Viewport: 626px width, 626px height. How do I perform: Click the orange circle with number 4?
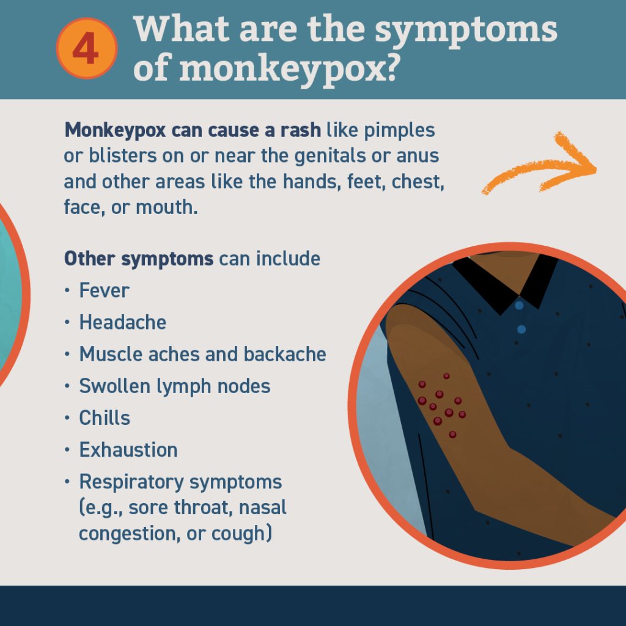[x=87, y=48]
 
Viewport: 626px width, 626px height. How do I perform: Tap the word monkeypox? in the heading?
[x=289, y=68]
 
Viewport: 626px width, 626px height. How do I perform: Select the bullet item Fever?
[x=104, y=290]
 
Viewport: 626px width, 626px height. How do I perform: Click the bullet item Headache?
[x=122, y=322]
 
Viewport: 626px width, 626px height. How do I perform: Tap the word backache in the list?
[x=285, y=354]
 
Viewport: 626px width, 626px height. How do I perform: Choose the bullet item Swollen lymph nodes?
[x=174, y=386]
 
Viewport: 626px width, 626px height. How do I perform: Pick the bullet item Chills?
[x=104, y=418]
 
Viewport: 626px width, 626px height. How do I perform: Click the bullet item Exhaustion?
[x=128, y=450]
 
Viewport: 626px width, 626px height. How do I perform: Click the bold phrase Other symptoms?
[x=139, y=259]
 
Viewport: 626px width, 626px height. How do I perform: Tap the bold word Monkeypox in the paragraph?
[x=115, y=131]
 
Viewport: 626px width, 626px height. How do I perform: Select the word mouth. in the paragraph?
[x=166, y=207]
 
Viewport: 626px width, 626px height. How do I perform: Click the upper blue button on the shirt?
[x=519, y=306]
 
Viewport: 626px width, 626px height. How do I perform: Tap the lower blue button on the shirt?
[x=521, y=330]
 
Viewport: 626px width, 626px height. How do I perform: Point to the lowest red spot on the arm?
[x=452, y=435]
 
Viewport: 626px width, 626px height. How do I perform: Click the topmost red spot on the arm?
[x=446, y=376]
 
